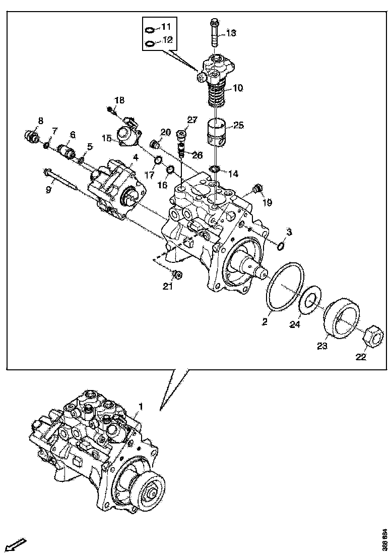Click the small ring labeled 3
(281, 246)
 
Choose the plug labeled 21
(177, 275)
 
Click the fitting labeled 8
(32, 136)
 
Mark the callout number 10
(237, 88)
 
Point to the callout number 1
(141, 406)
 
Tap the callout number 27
(192, 120)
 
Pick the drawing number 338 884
(384, 539)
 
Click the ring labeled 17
(157, 161)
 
